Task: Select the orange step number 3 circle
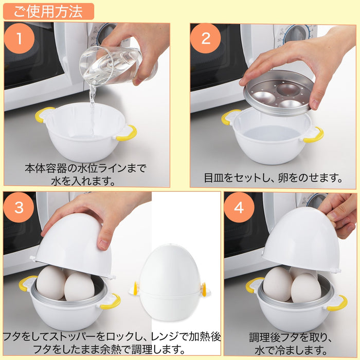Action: coord(20,208)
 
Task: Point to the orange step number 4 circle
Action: coord(239,208)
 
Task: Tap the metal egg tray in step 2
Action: coord(278,93)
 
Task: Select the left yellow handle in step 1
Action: coord(43,114)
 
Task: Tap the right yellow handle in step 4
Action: coord(337,303)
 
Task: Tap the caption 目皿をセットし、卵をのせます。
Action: coord(273,178)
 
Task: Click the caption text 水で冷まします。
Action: coord(291,350)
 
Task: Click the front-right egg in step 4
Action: coord(305,288)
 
